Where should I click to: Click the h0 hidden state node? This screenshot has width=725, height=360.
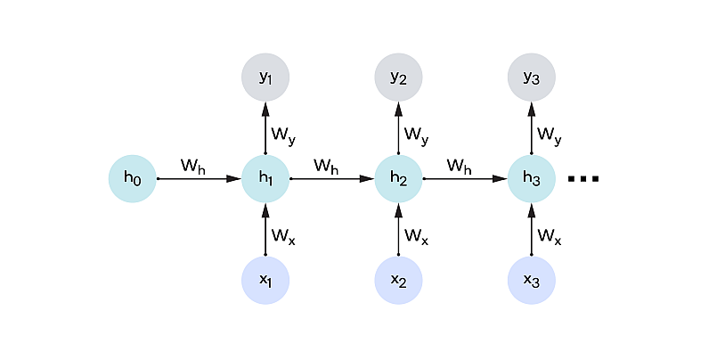[133, 179]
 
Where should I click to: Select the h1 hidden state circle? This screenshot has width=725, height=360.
[265, 179]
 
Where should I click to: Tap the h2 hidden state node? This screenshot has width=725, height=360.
[398, 179]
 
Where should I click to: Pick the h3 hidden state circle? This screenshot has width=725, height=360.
[532, 179]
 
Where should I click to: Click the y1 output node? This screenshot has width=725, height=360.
[265, 78]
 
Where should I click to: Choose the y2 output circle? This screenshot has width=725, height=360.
[398, 78]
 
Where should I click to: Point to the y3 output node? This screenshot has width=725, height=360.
[532, 78]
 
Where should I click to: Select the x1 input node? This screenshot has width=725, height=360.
[265, 281]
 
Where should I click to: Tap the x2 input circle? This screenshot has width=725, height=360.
[398, 281]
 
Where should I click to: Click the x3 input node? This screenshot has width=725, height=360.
[532, 281]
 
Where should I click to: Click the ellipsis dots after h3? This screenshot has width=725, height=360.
[583, 179]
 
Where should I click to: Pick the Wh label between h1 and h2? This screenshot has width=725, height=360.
[327, 166]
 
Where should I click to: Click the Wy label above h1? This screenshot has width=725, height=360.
[284, 135]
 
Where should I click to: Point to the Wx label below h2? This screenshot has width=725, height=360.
[416, 236]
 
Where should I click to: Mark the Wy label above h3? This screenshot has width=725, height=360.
[550, 135]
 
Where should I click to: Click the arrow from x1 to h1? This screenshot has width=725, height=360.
[265, 230]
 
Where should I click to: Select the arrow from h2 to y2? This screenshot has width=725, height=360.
[398, 128]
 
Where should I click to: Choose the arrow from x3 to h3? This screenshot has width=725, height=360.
[532, 230]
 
